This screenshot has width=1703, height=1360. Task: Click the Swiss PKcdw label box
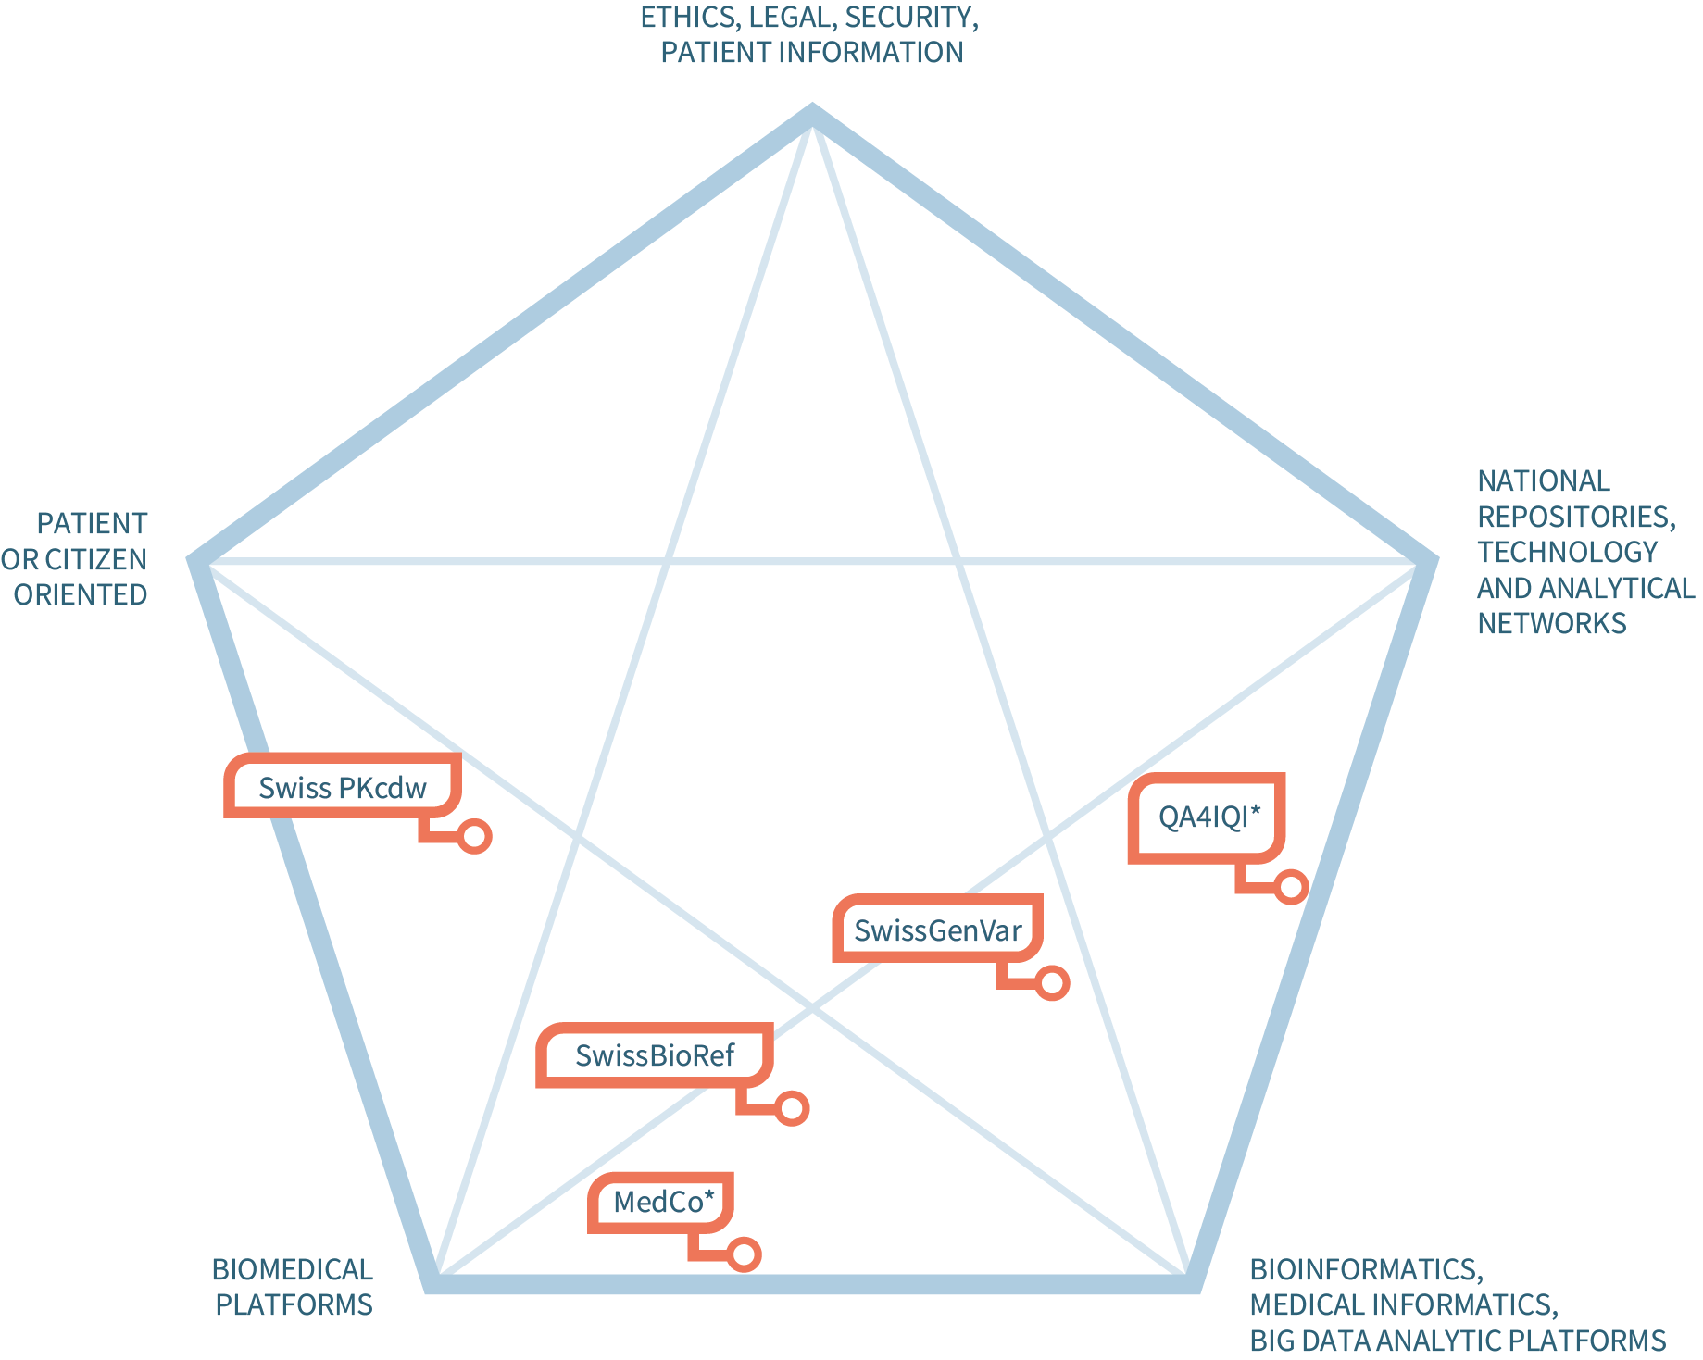click(x=343, y=787)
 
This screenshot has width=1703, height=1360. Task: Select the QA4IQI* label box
click(x=1208, y=817)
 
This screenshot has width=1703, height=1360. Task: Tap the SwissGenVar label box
click(x=937, y=930)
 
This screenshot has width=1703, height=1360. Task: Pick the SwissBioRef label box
click(x=655, y=1055)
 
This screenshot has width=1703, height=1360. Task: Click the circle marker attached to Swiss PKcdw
click(x=475, y=836)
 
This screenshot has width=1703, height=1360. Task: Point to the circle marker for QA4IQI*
click(x=1291, y=887)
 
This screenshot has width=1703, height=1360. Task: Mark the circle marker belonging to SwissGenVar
click(x=1053, y=982)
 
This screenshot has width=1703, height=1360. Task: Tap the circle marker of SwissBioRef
click(x=792, y=1108)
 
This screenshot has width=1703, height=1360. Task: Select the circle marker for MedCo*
click(x=745, y=1254)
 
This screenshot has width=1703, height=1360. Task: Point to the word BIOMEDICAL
click(x=293, y=1269)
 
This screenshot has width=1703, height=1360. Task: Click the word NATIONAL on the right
click(x=1544, y=480)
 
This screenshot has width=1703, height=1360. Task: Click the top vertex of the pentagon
click(x=812, y=113)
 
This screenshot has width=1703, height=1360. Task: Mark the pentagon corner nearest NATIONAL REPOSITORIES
click(x=1429, y=561)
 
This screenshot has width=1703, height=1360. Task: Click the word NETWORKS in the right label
click(x=1552, y=623)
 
